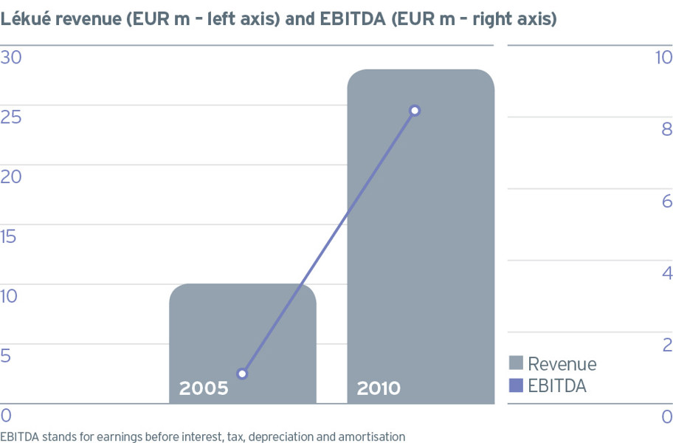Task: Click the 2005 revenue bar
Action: tap(243, 343)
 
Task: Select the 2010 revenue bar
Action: tap(421, 236)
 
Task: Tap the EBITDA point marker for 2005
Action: tap(242, 374)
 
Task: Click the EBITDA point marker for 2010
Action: tap(415, 111)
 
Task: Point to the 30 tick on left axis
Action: tap(11, 58)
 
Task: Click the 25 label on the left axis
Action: tap(11, 117)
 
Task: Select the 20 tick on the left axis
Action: tap(11, 177)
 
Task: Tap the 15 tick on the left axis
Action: tap(8, 236)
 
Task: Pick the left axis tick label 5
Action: tap(6, 356)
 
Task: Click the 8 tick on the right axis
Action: tap(667, 128)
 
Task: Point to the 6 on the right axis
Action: tap(667, 201)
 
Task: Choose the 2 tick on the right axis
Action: tap(667, 345)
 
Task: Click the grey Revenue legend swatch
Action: tap(516, 363)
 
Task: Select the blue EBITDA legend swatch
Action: tap(516, 385)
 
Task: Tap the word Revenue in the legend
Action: tap(562, 364)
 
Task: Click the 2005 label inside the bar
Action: tap(204, 388)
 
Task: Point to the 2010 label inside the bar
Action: tap(379, 388)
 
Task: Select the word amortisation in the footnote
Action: tap(372, 437)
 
